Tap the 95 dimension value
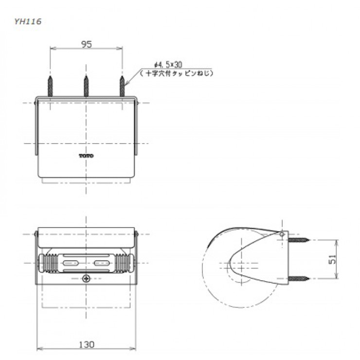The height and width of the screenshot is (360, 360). click(86, 44)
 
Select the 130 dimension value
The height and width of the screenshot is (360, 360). click(86, 344)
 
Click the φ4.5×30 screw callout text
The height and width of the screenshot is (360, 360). click(168, 64)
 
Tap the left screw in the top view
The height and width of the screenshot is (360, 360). click(50, 87)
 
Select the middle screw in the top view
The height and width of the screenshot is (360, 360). click(86, 87)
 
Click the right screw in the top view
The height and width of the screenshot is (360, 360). click(122, 87)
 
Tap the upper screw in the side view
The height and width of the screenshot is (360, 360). click(299, 240)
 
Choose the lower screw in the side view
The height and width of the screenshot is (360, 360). click(299, 278)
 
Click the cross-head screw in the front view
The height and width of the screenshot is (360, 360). click(86, 278)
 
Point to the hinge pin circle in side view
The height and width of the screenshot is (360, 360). click(282, 234)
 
